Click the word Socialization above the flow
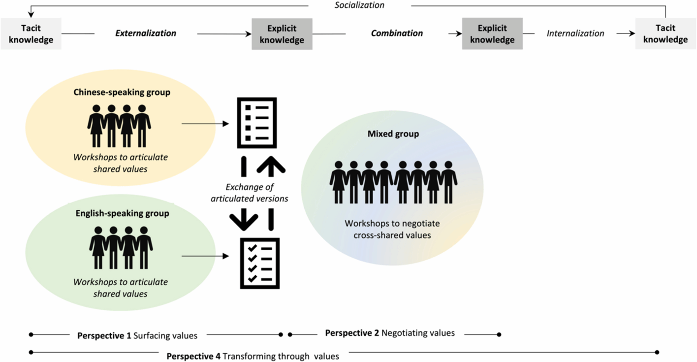[x=359, y=5]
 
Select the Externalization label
[x=146, y=33]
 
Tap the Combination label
[x=397, y=33]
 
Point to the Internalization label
[x=575, y=33]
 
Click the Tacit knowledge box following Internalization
[x=665, y=34]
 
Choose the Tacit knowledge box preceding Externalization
[x=31, y=34]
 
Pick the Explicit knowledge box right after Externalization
[x=282, y=34]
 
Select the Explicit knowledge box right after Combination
[x=492, y=34]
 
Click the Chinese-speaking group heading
[x=122, y=92]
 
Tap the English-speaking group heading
[x=122, y=214]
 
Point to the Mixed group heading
[x=393, y=134]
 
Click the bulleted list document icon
[x=257, y=123]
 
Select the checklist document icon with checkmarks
[x=259, y=263]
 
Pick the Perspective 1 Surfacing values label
[x=137, y=335]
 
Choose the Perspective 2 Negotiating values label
[x=390, y=333]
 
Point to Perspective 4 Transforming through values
[x=253, y=356]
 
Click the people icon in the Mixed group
[x=393, y=182]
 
